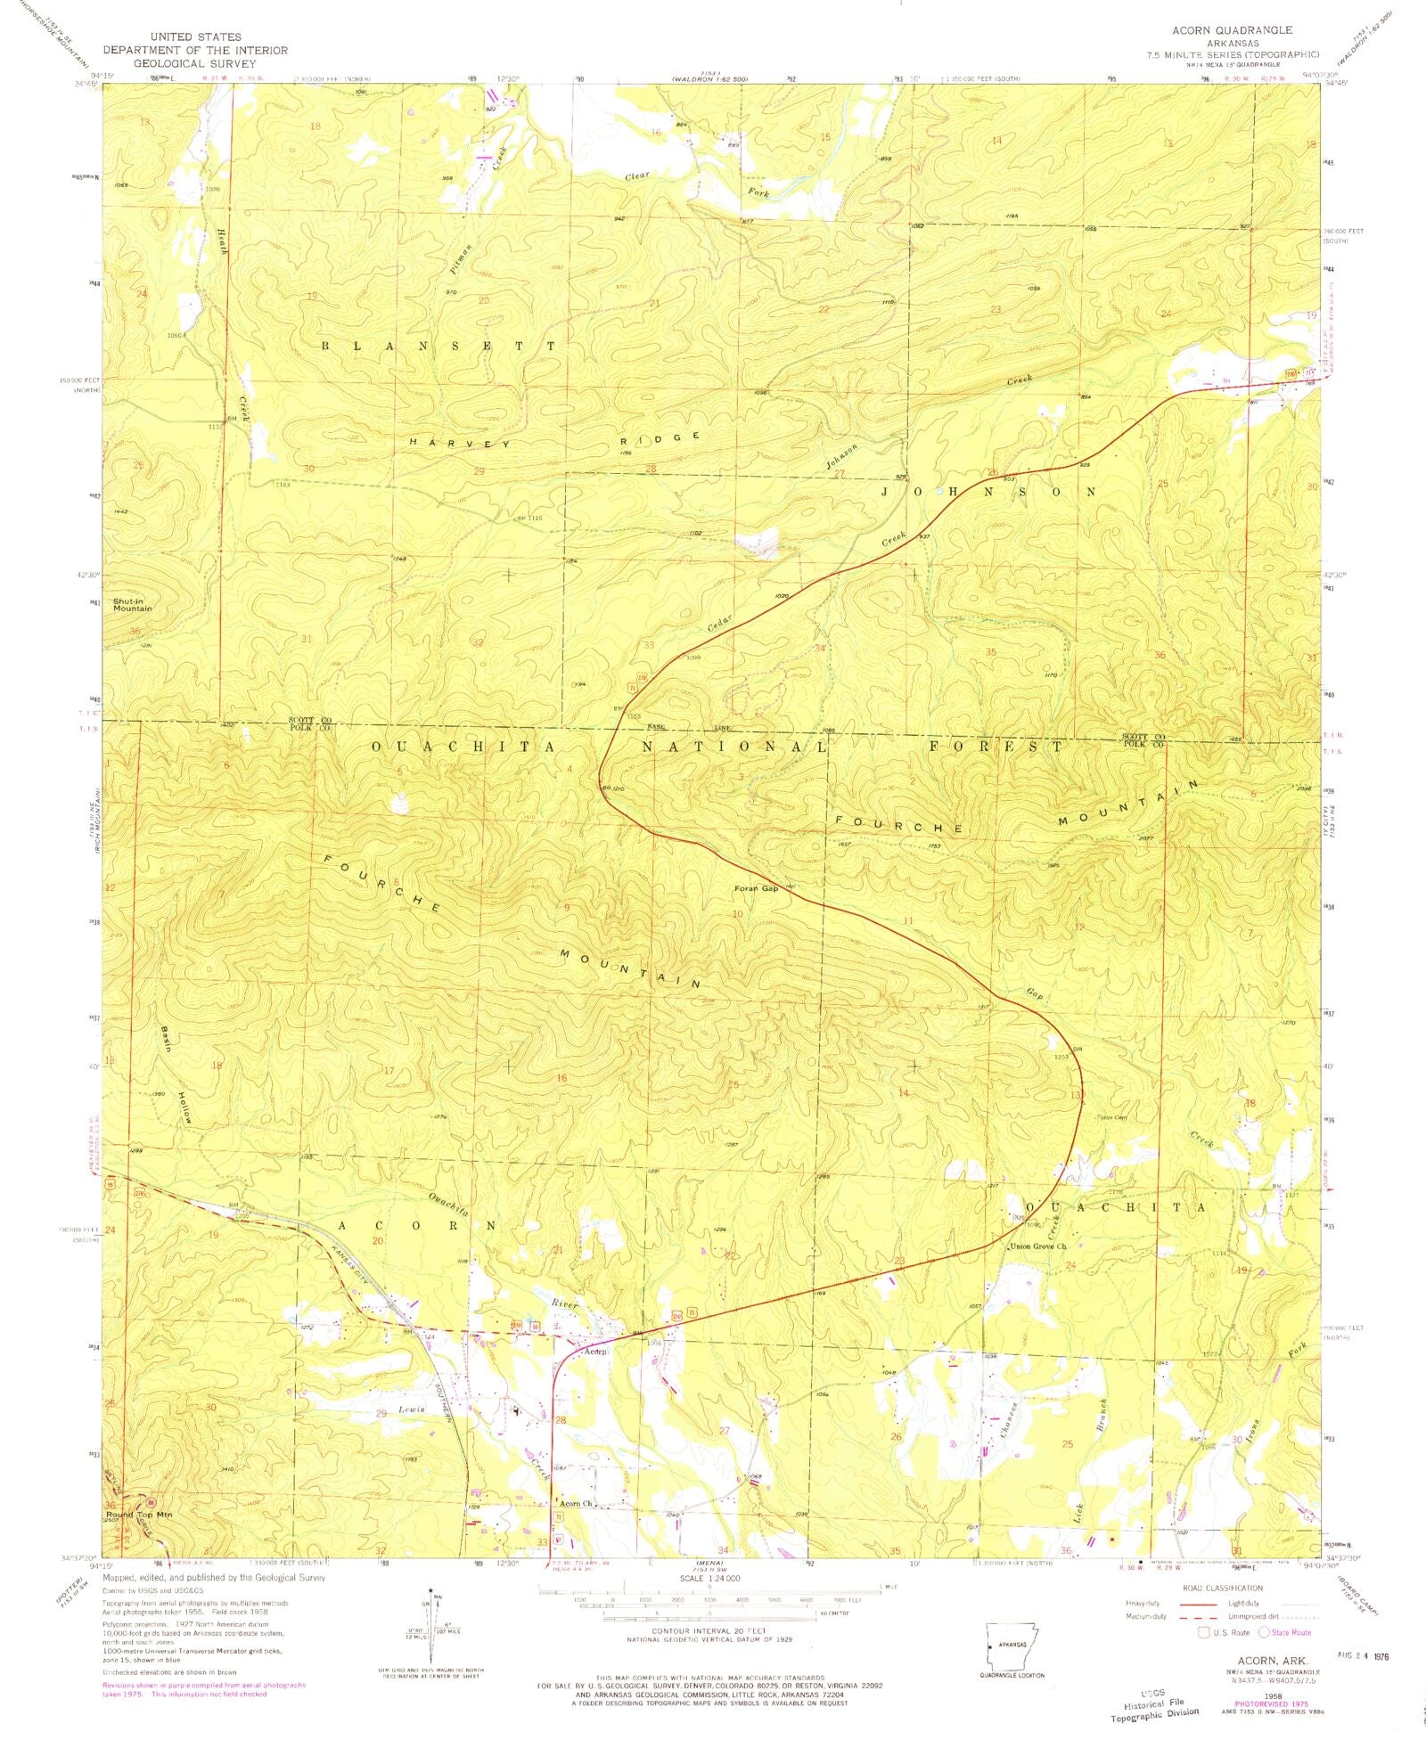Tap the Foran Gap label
(x=756, y=888)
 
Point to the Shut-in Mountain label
(x=132, y=605)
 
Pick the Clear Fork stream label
(x=696, y=184)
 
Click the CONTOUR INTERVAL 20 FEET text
(x=709, y=1631)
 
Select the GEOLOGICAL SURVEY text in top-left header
(x=194, y=63)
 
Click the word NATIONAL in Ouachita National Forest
(x=734, y=747)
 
